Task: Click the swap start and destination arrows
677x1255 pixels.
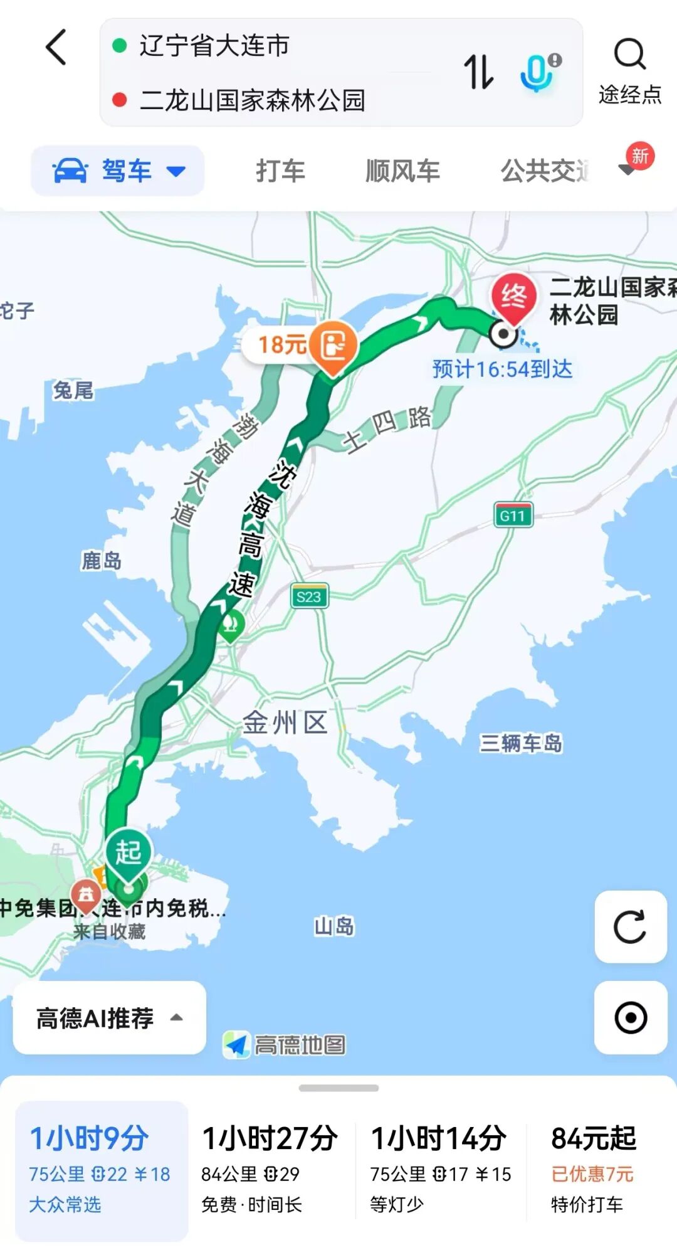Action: [x=478, y=71]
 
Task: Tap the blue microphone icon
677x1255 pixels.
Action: [x=538, y=71]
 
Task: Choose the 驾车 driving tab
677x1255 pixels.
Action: [x=118, y=171]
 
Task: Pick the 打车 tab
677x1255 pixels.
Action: [x=280, y=171]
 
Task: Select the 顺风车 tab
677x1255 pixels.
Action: [x=402, y=171]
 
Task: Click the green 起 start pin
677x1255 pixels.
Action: [x=129, y=853]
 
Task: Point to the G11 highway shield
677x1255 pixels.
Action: [x=513, y=516]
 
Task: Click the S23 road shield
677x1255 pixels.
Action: [x=309, y=596]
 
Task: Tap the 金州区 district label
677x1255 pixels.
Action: [x=285, y=723]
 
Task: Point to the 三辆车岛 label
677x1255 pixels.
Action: [x=521, y=743]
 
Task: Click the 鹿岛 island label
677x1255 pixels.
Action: [x=102, y=561]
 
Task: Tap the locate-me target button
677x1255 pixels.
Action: [x=630, y=1017]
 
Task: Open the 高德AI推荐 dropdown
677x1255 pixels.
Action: [x=109, y=1017]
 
